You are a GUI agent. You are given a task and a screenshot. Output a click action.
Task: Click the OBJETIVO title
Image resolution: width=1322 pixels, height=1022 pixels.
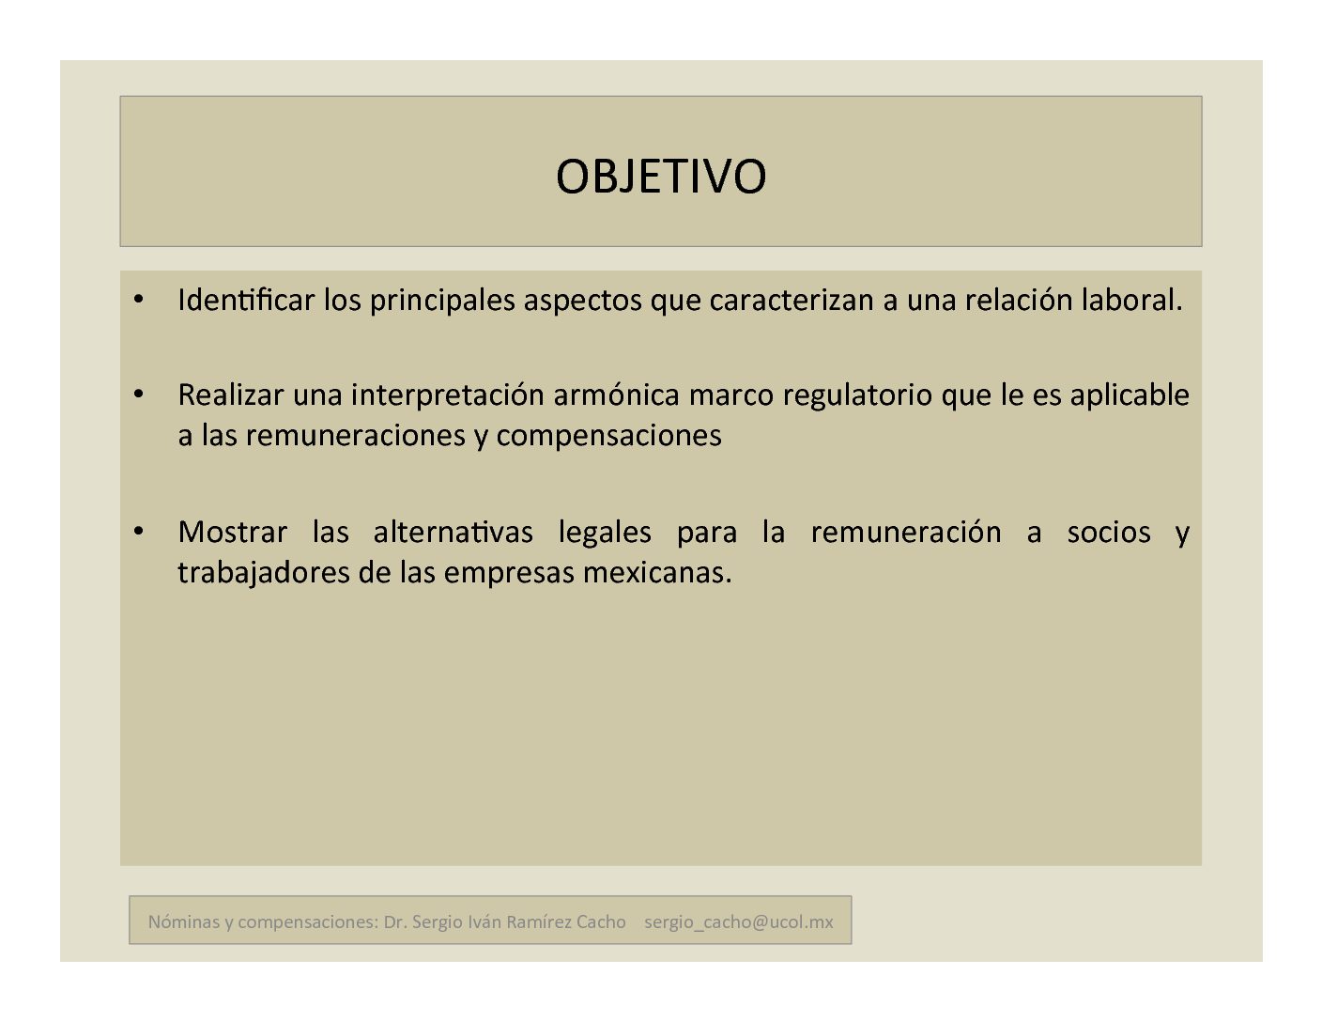pyautogui.click(x=661, y=177)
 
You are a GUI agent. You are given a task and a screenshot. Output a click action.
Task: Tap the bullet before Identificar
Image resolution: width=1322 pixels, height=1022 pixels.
pyautogui.click(x=139, y=299)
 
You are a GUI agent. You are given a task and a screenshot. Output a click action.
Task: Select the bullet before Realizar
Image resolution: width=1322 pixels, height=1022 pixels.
pyautogui.click(x=139, y=395)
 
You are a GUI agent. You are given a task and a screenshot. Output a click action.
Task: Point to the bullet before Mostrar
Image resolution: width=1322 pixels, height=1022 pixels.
pyautogui.click(x=139, y=532)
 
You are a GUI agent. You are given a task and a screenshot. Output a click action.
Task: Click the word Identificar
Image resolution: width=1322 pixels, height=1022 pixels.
pyautogui.click(x=246, y=300)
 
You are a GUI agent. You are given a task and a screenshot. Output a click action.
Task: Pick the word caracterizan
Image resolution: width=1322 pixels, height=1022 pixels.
pyautogui.click(x=792, y=300)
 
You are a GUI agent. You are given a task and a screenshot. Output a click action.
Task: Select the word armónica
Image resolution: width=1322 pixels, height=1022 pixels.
pyautogui.click(x=616, y=395)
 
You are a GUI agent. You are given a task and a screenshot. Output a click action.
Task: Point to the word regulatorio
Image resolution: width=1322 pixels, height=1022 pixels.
pyautogui.click(x=857, y=395)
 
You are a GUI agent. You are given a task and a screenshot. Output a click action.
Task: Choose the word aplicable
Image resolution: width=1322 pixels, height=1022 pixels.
pyautogui.click(x=1130, y=395)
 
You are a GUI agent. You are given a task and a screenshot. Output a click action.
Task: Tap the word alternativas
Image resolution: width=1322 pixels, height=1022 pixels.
pyautogui.click(x=453, y=532)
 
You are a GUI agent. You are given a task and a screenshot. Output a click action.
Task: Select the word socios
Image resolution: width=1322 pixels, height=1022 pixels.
pyautogui.click(x=1109, y=533)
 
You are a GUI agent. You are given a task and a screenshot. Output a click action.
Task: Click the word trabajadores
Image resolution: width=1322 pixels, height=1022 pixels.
pyautogui.click(x=264, y=573)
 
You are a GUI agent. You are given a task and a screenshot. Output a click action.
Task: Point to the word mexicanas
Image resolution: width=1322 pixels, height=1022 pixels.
pyautogui.click(x=657, y=573)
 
